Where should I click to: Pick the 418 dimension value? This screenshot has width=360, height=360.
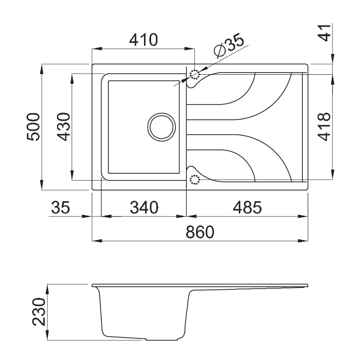tap(324, 127)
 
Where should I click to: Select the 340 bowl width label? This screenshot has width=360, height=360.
tap(144, 207)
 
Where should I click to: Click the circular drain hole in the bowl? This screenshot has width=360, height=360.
tap(161, 126)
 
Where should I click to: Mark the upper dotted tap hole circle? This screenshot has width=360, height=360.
tap(194, 74)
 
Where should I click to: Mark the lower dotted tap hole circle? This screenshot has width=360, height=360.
tap(194, 180)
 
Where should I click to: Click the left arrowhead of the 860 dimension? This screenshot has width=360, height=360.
tap(95, 240)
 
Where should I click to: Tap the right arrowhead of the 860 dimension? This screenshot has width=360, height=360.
tap(306, 240)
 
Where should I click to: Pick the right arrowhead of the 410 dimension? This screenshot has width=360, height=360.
tap(191, 49)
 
